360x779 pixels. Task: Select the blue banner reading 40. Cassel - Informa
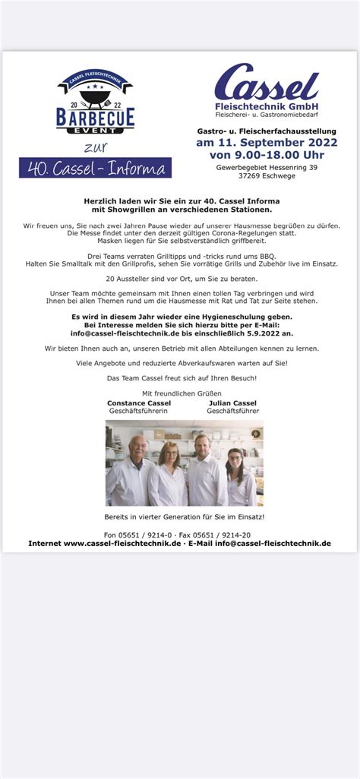click(95, 168)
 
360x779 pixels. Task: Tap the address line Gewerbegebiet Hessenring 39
click(256, 168)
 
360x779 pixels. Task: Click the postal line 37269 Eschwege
click(256, 176)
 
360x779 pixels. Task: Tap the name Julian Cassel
click(232, 402)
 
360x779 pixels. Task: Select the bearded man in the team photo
click(204, 469)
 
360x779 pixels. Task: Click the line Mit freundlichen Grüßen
click(181, 393)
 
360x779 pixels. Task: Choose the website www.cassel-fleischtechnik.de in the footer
click(122, 544)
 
